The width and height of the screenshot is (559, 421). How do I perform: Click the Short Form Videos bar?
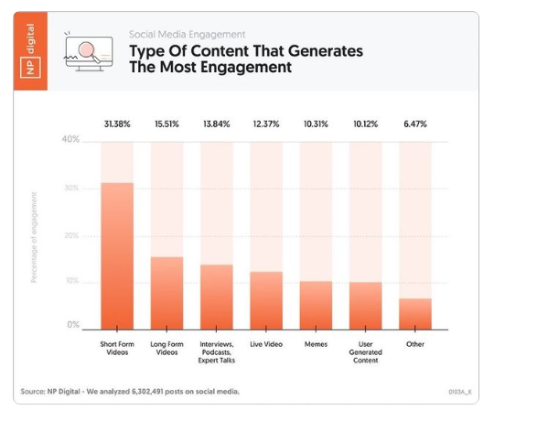tap(116, 255)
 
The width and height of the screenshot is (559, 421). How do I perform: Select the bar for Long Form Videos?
tap(167, 292)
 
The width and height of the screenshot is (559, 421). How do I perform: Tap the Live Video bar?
tap(266, 299)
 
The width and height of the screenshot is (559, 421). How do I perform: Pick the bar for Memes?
tap(316, 304)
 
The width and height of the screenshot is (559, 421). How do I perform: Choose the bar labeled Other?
tap(414, 313)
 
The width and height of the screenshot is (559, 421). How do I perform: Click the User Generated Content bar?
tap(365, 305)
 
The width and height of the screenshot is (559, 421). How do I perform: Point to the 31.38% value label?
tap(116, 124)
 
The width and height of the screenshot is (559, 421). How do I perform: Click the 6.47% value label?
tap(414, 124)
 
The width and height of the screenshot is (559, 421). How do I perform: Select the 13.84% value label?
tap(216, 124)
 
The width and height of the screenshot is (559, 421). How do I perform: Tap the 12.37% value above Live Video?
tap(266, 124)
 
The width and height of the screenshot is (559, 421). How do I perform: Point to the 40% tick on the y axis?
tap(70, 140)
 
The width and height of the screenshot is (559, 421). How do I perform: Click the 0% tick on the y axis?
tap(72, 325)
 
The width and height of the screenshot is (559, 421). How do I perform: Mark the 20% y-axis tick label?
tap(70, 235)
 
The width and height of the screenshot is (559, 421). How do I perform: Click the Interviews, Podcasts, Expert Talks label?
tap(216, 352)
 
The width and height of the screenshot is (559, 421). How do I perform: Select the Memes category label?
tap(316, 344)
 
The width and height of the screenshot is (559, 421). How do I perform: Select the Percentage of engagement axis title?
tap(35, 236)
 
